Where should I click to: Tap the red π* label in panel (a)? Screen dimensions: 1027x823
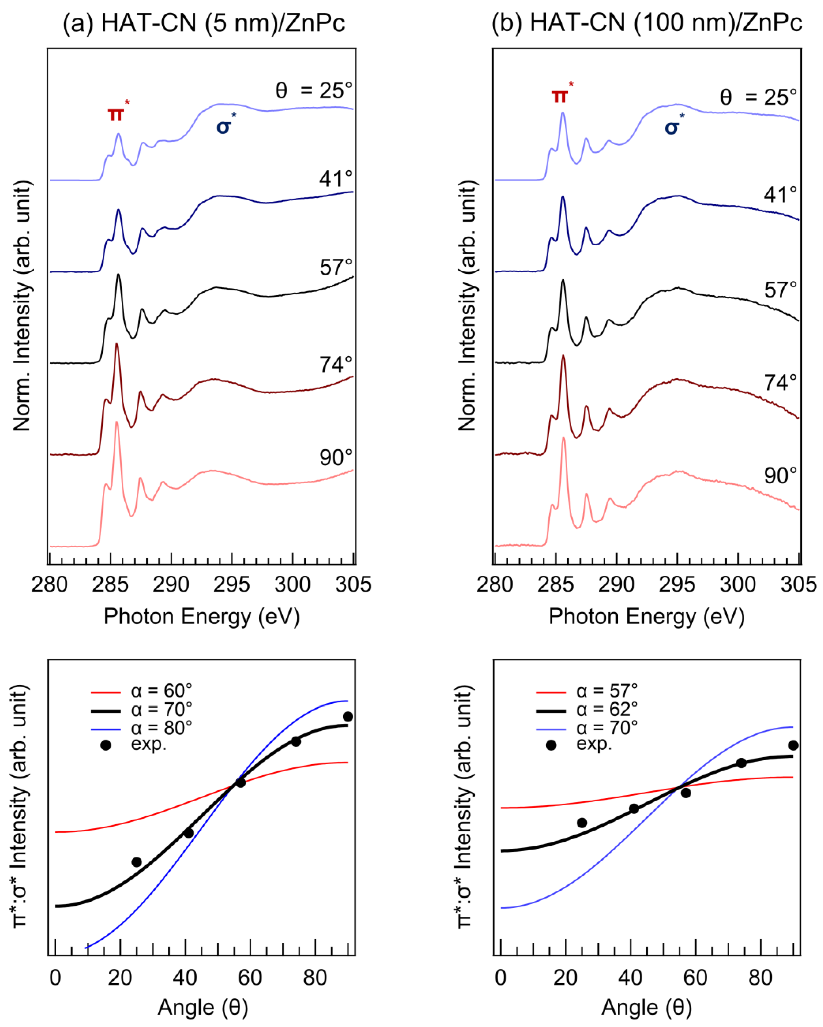[117, 113]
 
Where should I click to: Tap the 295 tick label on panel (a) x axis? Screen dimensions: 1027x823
[231, 584]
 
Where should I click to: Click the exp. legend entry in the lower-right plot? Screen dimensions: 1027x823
[594, 743]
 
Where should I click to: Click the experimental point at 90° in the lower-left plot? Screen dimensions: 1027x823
[348, 716]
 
